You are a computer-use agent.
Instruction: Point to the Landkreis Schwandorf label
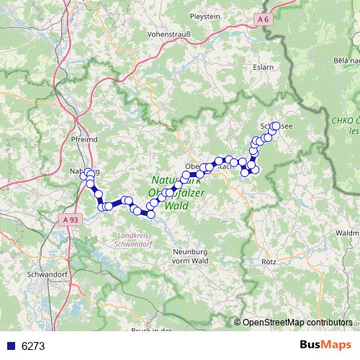(x=131, y=240)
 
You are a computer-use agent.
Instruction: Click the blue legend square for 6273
(x=9, y=346)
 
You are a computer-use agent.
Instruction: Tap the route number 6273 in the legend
(x=34, y=346)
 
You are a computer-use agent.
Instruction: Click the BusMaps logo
(x=325, y=346)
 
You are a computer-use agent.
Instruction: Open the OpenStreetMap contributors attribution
(x=297, y=323)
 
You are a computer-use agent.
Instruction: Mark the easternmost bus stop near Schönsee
(x=275, y=126)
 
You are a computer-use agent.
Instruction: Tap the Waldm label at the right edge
(x=346, y=233)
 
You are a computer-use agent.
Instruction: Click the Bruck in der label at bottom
(x=152, y=330)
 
